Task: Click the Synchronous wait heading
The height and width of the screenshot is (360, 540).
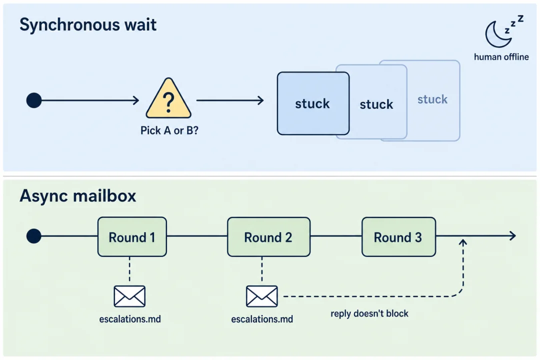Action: click(x=88, y=25)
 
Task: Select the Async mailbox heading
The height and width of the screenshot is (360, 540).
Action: click(x=78, y=196)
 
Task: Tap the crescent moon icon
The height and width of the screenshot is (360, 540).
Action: click(x=496, y=34)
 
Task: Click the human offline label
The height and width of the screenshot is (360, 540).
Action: click(x=501, y=57)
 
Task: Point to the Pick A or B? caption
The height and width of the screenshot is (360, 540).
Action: click(x=169, y=130)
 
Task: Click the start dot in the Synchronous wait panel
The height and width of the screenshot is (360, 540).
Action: click(x=34, y=100)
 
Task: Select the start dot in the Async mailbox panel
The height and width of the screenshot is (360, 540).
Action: click(x=34, y=236)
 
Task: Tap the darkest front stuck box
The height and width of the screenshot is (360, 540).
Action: click(x=313, y=103)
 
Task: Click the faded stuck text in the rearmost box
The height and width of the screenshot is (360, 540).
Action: click(x=432, y=99)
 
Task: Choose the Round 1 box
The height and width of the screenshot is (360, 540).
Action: click(x=132, y=236)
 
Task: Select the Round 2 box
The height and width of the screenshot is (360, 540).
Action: click(x=268, y=236)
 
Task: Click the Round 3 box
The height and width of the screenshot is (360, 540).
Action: click(x=398, y=236)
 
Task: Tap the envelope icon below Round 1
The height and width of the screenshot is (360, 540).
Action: click(x=129, y=296)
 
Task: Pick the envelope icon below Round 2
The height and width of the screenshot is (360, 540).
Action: click(x=261, y=296)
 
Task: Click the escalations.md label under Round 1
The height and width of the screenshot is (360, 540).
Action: click(x=130, y=319)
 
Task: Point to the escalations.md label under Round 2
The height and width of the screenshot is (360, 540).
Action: click(x=262, y=319)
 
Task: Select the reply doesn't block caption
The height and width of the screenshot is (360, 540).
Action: click(x=369, y=313)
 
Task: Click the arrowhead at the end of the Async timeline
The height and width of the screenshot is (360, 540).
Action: click(x=513, y=235)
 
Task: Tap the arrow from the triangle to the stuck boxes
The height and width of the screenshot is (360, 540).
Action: click(x=230, y=100)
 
